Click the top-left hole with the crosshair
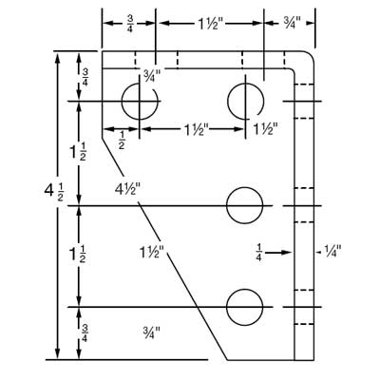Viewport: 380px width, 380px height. [140, 101]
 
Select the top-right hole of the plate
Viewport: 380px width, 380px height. [245, 101]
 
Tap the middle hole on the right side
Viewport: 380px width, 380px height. [245, 204]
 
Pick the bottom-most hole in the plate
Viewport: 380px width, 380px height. [245, 307]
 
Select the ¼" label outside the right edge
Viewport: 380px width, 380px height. [332, 252]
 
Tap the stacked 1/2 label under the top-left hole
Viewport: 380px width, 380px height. [122, 141]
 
